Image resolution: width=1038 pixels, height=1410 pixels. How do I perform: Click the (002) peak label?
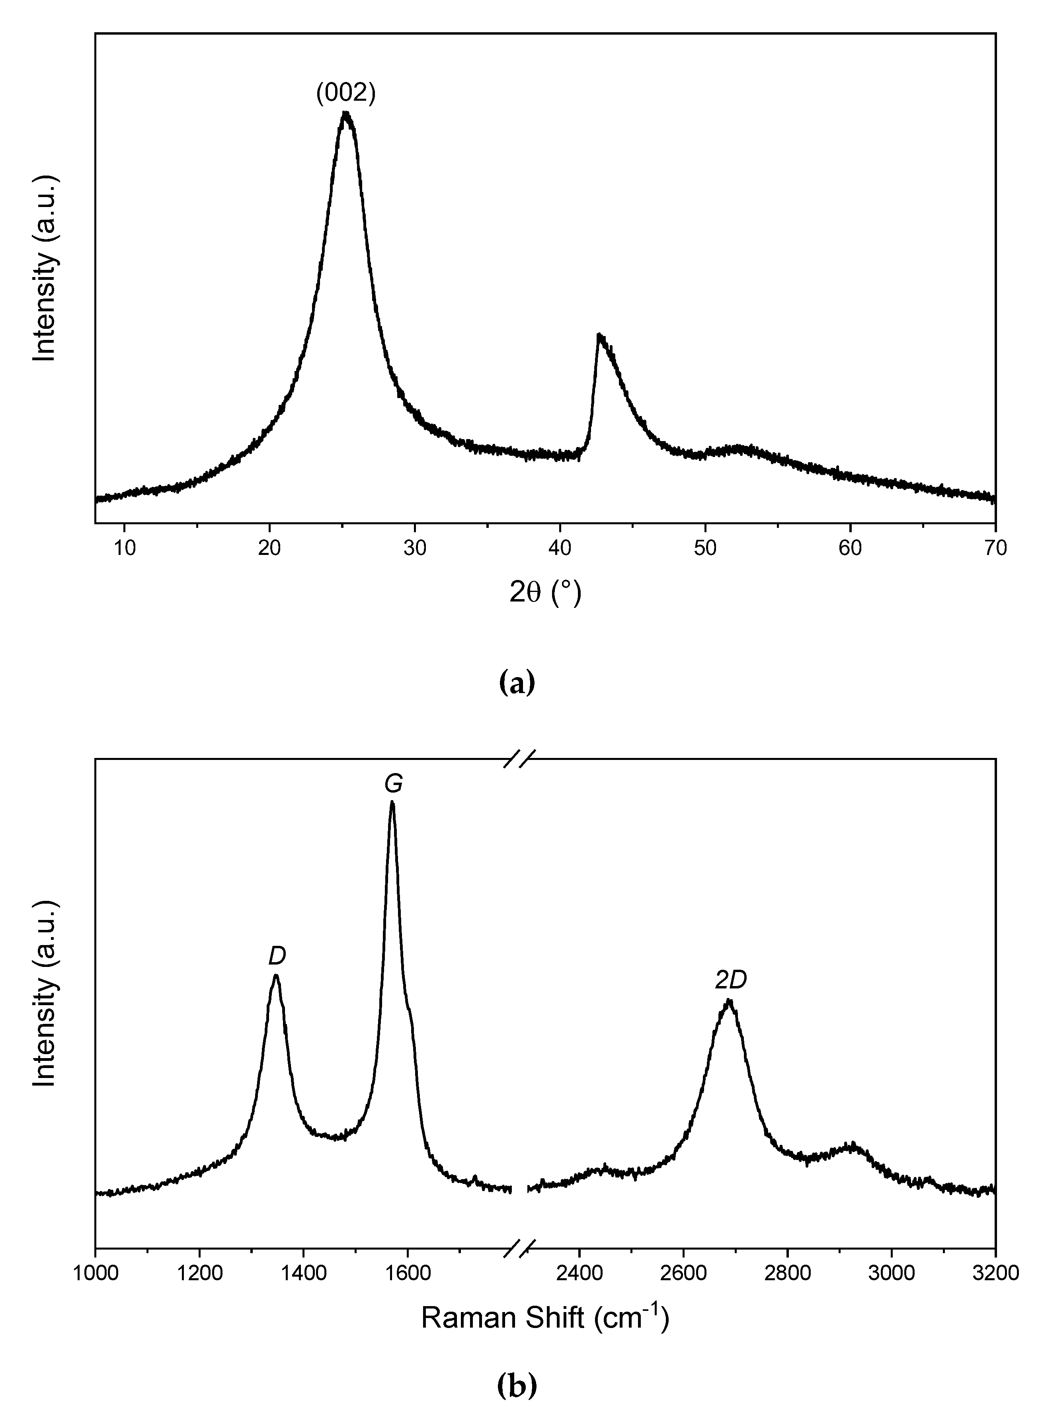345,93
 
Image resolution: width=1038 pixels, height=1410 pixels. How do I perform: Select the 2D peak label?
731,980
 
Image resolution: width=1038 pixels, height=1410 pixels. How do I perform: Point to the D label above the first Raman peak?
277,956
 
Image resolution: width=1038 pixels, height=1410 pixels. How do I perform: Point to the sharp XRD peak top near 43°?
599,334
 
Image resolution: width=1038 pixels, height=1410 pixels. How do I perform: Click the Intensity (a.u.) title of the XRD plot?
45,269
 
